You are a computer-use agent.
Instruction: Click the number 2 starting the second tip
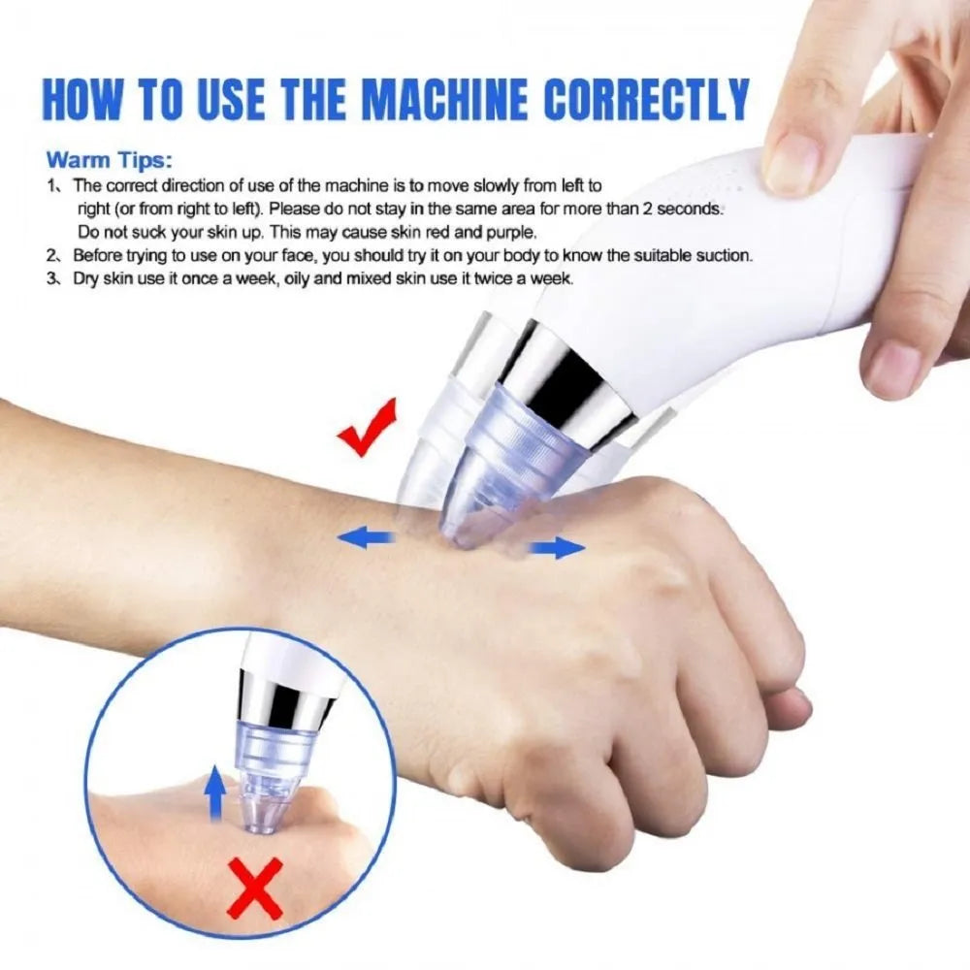pyautogui.click(x=52, y=256)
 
